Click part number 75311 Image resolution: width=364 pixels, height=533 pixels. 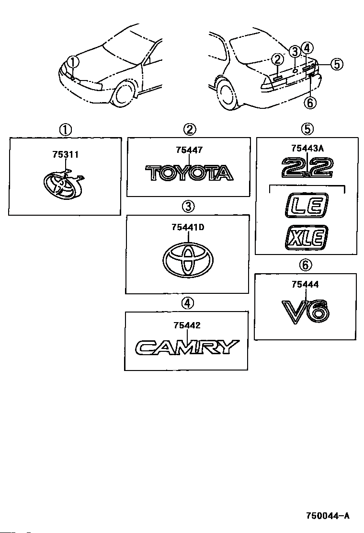tap(66, 155)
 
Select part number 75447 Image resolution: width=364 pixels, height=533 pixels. tap(189, 150)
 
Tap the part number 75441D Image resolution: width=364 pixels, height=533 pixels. tap(188, 227)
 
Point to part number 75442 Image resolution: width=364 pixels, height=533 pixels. tap(187, 325)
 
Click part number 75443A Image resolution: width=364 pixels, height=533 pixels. tap(307, 148)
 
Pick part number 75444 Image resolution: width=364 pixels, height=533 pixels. tap(305, 284)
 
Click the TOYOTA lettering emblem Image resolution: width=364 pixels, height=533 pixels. tap(190, 173)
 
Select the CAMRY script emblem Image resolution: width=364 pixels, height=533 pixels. tap(187, 348)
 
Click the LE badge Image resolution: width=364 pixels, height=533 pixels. tap(307, 205)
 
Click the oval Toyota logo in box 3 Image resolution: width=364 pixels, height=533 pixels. tap(188, 260)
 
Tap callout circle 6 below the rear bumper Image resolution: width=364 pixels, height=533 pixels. tap(310, 102)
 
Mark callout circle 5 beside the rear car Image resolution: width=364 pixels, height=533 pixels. tap(337, 64)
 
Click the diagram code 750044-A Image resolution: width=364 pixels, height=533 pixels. tap(327, 516)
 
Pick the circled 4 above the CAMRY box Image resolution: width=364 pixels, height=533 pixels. tap(187, 302)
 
